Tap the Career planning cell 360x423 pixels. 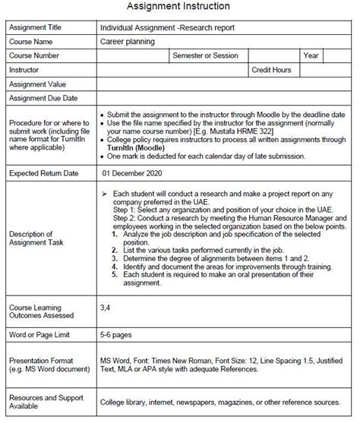pos(127,42)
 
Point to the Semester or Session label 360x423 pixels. pos(205,55)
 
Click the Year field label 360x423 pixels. pos(311,55)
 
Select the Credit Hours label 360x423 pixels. pos(272,70)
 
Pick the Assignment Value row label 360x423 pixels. pos(37,84)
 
